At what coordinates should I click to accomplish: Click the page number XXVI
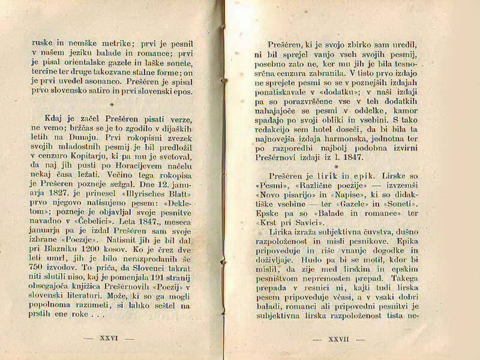point(109,338)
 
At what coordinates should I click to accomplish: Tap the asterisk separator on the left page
point(112,104)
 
